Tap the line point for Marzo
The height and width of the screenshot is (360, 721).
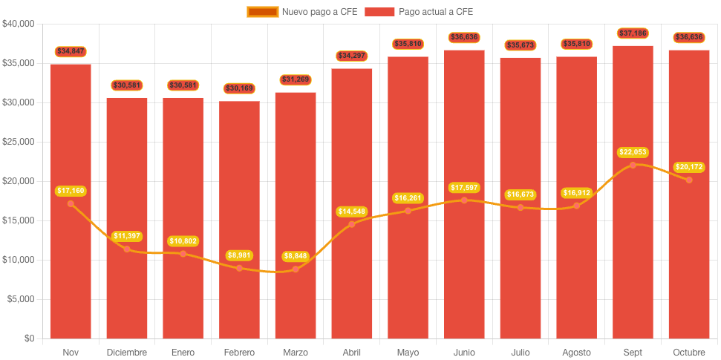coord(296,269)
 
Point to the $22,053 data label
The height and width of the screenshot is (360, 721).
coord(633,152)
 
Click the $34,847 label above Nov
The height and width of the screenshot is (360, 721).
coord(71,51)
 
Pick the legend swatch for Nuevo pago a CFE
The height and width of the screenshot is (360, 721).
coord(263,12)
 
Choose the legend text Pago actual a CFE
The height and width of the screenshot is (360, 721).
coord(435,12)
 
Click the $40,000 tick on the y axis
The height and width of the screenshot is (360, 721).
coord(19,24)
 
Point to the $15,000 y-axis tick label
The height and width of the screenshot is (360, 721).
coord(19,220)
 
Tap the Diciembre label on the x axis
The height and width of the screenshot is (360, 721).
coord(127,352)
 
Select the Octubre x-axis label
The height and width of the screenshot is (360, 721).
coord(689,352)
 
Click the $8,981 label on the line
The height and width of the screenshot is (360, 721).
coord(239,255)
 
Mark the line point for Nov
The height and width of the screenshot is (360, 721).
coord(71,203)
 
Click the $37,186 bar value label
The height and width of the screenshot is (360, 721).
coord(633,33)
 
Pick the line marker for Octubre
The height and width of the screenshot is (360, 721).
coord(689,180)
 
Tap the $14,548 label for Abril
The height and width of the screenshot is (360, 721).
coord(352,212)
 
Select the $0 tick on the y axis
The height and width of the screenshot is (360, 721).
coord(28,338)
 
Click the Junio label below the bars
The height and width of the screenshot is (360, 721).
coord(464,352)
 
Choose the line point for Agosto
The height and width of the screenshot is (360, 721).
coord(576,206)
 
